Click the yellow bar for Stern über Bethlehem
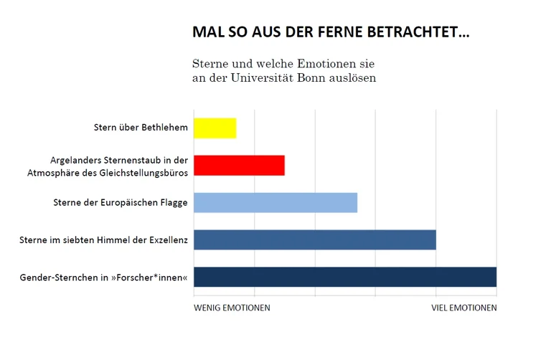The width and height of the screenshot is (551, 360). [215, 128]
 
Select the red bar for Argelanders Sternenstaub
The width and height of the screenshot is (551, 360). [239, 165]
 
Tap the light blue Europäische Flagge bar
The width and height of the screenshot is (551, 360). [275, 202]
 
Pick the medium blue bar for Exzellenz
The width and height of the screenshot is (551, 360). [314, 240]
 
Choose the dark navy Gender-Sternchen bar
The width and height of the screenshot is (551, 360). [344, 277]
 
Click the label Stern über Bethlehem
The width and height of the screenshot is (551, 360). [141, 128]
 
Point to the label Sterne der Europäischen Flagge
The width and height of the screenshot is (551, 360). [121, 203]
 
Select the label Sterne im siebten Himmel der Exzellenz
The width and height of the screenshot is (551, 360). [103, 240]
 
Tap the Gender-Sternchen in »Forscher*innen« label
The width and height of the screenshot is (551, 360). [104, 278]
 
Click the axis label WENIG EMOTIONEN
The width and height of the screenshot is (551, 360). [232, 308]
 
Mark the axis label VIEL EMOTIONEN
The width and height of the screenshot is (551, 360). [463, 308]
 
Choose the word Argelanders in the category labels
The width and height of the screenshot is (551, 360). [75, 160]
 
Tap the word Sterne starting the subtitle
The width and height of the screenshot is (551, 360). [209, 63]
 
